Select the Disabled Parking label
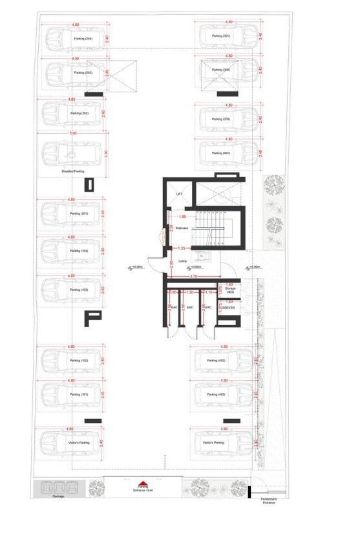[73, 171]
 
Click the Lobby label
[182, 261]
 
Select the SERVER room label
[228, 308]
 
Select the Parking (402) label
[216, 361]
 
